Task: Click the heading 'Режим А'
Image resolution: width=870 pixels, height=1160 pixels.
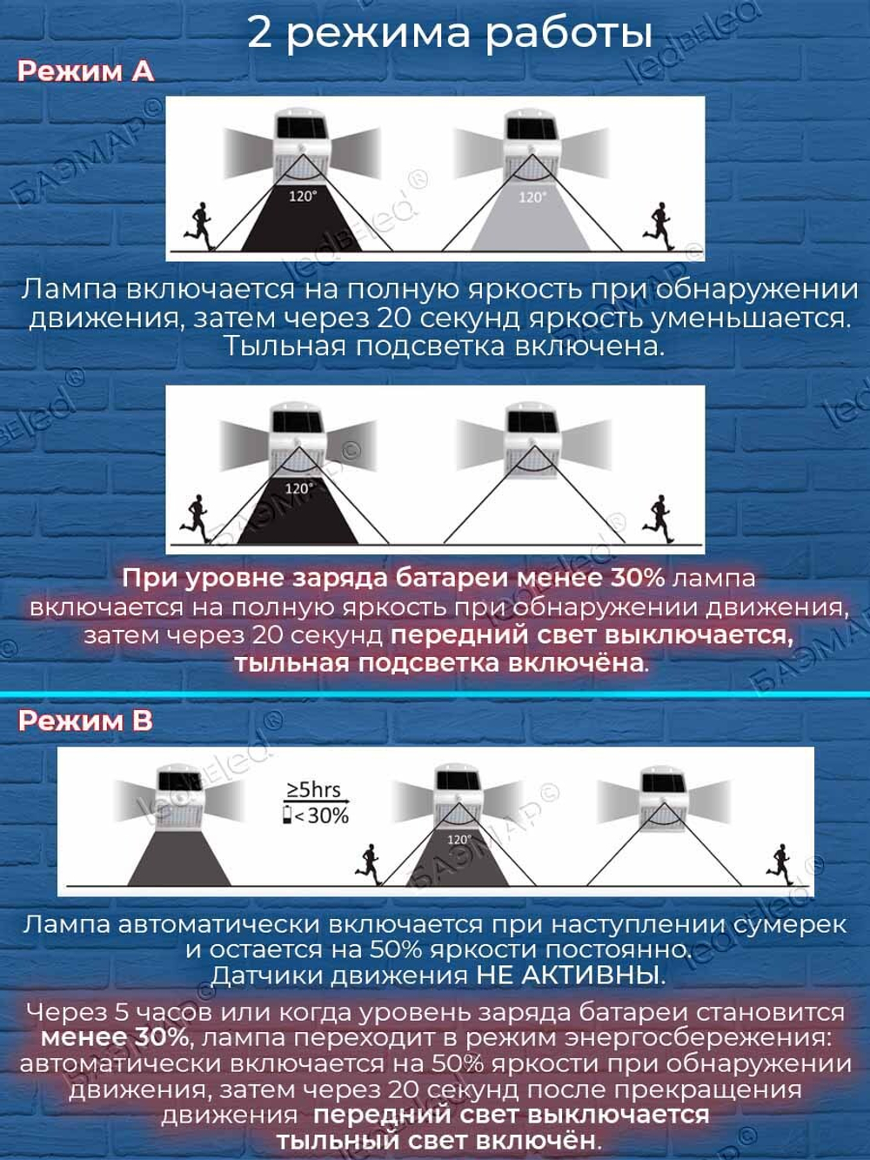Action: point(85,71)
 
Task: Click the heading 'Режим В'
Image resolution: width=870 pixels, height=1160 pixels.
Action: point(85,721)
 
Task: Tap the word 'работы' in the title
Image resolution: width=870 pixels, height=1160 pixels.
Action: point(568,32)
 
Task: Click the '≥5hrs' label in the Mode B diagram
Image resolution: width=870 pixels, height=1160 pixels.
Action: point(313,789)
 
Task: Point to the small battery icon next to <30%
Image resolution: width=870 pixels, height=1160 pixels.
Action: point(288,815)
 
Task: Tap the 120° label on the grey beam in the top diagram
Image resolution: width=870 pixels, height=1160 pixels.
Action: point(532,198)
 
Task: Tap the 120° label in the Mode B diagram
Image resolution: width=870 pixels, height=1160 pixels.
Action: point(459,839)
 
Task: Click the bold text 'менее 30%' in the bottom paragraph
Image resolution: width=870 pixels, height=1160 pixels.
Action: point(115,1037)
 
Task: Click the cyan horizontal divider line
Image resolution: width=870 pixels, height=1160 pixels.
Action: point(435,694)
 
